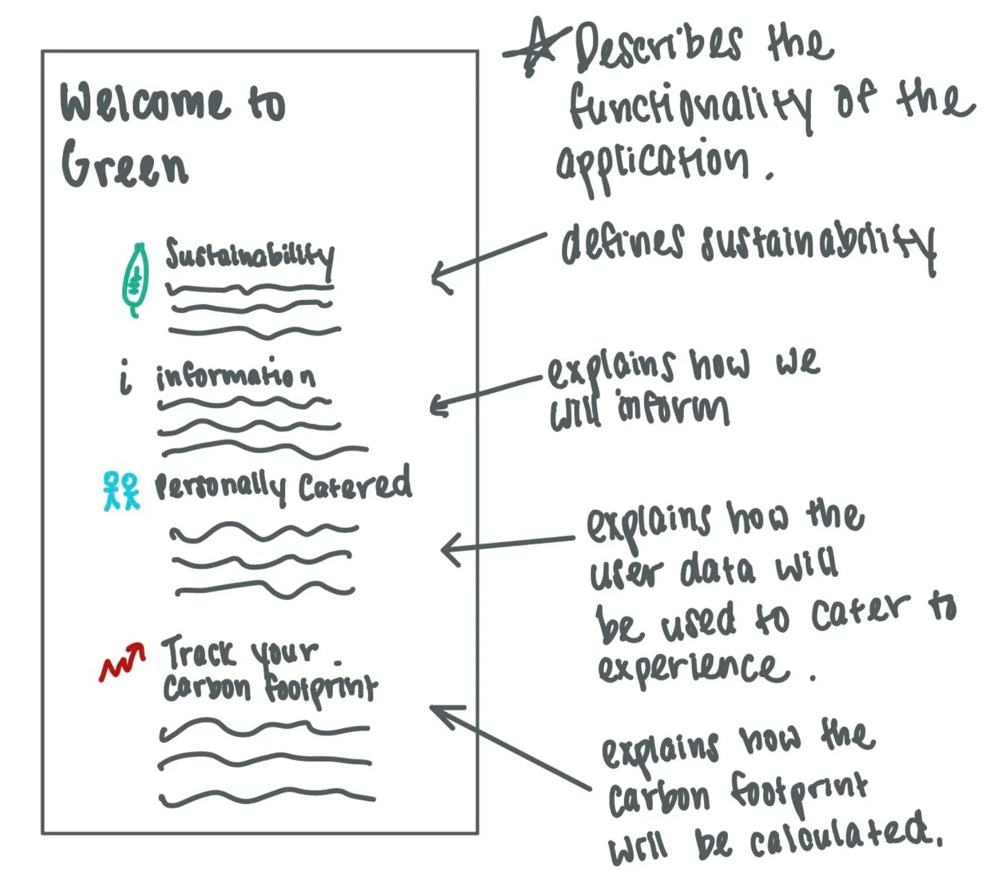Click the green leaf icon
tap(136, 280)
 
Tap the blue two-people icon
tap(121, 491)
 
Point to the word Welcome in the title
tap(144, 102)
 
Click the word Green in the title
tap(125, 164)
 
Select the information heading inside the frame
tap(236, 375)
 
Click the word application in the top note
tap(651, 163)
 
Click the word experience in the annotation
tap(694, 668)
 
